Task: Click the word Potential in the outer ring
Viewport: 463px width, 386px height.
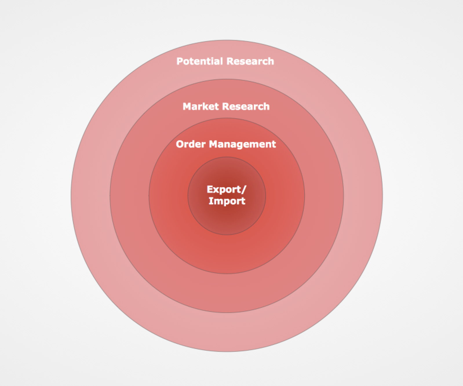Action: click(200, 61)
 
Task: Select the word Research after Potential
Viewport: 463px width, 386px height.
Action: click(250, 61)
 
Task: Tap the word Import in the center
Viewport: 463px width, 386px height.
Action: click(227, 201)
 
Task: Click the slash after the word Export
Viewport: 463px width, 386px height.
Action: click(244, 190)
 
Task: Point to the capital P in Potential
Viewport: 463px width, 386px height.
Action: click(180, 61)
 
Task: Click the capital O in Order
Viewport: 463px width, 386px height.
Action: click(180, 144)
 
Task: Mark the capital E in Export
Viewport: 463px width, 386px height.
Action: click(210, 190)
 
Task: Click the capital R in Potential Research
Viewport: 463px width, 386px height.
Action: click(230, 61)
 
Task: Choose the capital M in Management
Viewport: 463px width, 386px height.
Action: click(214, 144)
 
